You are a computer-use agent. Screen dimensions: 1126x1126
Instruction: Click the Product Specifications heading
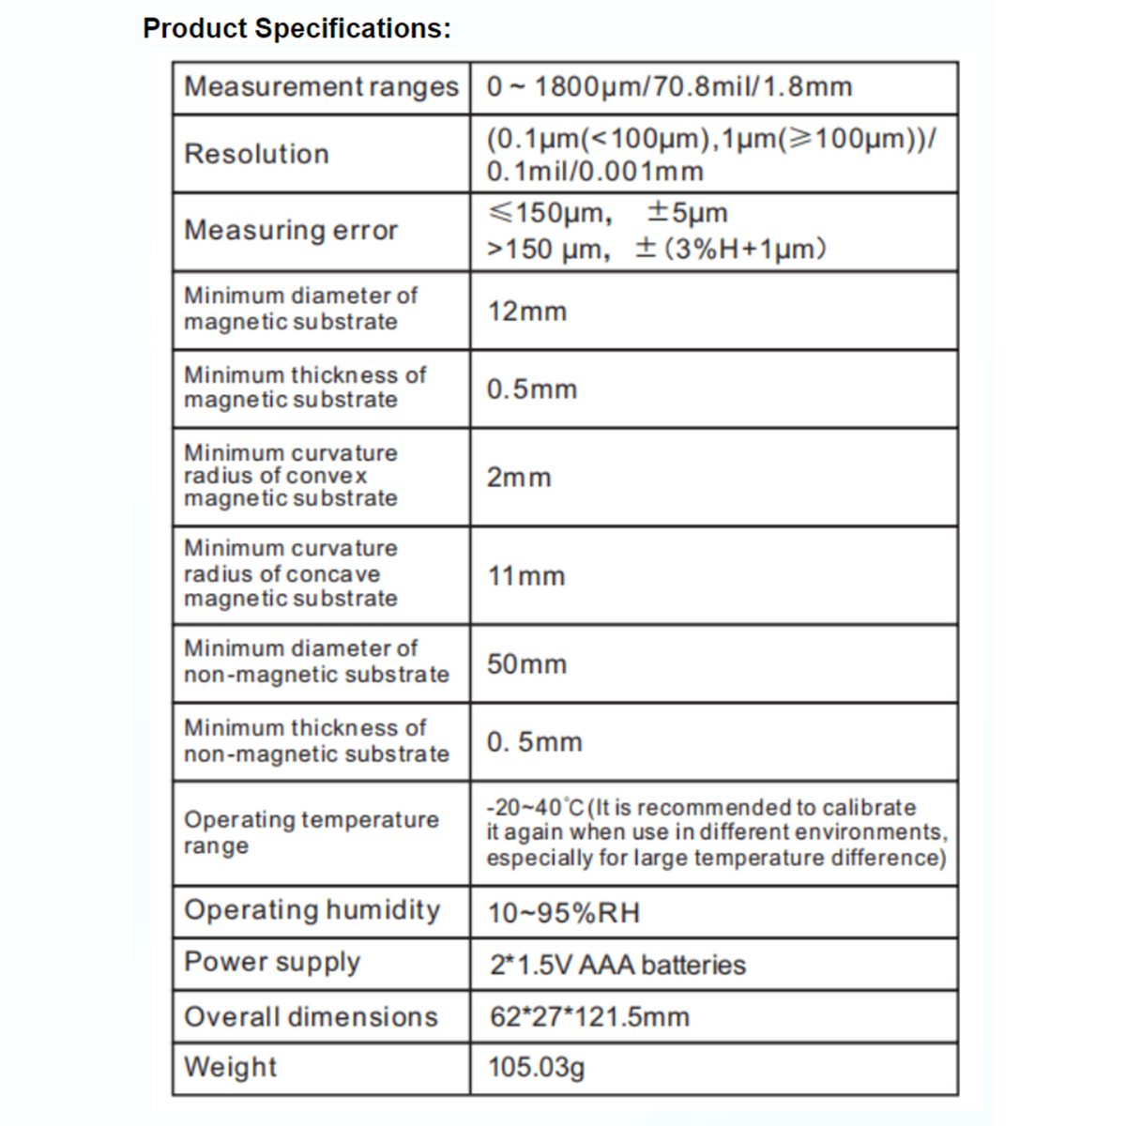[297, 28]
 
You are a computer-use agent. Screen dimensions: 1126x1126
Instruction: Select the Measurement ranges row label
[321, 87]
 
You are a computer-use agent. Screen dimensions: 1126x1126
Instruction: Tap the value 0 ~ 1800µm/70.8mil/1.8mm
[669, 87]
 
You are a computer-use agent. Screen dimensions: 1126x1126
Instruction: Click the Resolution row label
[256, 154]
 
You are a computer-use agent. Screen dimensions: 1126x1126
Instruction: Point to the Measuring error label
[291, 230]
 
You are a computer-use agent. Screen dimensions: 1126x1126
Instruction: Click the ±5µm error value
[687, 213]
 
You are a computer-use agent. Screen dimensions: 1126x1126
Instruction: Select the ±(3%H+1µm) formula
[732, 250]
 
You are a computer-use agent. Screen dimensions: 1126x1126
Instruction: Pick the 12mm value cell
[526, 312]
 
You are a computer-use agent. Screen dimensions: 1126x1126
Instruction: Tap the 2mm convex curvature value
[519, 478]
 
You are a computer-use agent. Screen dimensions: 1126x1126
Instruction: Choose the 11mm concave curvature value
[525, 576]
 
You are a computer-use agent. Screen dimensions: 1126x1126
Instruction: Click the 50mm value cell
[526, 664]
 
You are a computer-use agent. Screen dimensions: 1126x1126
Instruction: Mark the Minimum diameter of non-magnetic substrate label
[316, 662]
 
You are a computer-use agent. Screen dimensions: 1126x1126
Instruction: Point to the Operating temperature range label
[311, 832]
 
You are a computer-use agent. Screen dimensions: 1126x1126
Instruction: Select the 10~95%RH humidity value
[563, 913]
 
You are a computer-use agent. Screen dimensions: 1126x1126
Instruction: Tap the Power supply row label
[272, 963]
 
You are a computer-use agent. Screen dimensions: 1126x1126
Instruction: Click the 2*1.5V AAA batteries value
[617, 965]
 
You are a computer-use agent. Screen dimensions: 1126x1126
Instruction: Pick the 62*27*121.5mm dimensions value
[589, 1017]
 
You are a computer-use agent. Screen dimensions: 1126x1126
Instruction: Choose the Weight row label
[231, 1068]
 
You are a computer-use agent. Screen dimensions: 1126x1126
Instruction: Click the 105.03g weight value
[536, 1068]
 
